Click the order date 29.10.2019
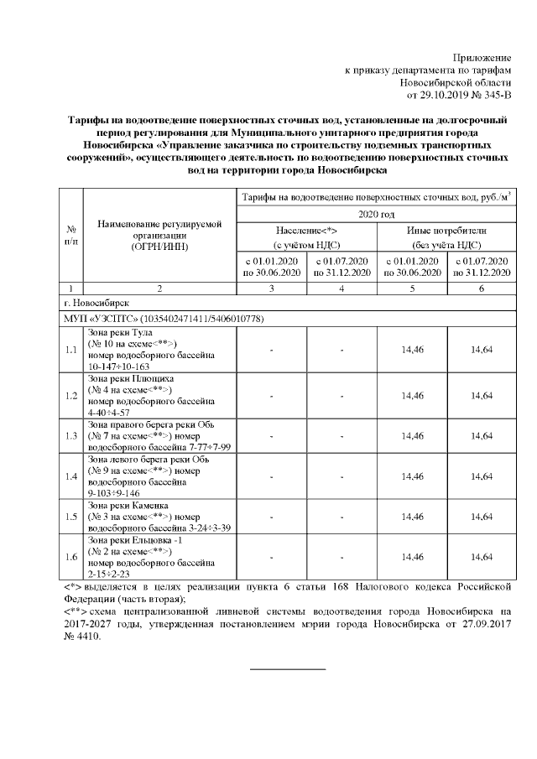[455, 96]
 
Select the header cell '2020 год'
[375, 214]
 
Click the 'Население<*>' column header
[306, 230]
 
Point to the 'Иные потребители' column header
[446, 230]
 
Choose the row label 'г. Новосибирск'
[96, 303]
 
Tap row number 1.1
[71, 350]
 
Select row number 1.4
[71, 476]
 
